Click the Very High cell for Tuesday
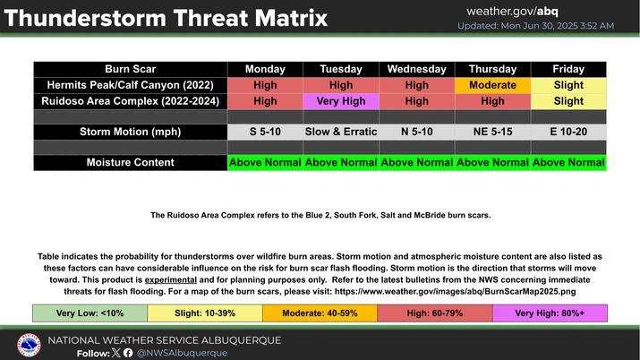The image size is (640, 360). [x=341, y=101]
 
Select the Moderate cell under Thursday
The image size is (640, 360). [x=492, y=85]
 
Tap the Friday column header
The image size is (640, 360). [x=568, y=69]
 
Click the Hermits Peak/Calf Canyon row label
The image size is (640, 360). [x=130, y=85]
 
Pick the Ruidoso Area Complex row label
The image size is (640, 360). [x=130, y=101]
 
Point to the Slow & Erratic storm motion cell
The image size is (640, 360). [x=341, y=132]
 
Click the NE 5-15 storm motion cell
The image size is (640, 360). [x=492, y=132]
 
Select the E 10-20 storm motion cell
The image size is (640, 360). [x=568, y=132]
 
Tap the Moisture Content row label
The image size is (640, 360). [x=130, y=162]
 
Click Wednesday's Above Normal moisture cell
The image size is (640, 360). [x=417, y=162]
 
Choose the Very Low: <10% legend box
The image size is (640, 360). [x=90, y=313]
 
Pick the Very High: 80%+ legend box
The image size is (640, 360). [x=550, y=313]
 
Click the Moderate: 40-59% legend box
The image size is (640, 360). [x=320, y=313]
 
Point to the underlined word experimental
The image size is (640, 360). [x=171, y=280]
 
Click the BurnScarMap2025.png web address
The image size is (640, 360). [x=455, y=291]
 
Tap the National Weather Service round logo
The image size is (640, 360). [x=29, y=345]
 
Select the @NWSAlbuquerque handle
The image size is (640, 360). [x=182, y=353]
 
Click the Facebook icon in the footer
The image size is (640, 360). [x=128, y=353]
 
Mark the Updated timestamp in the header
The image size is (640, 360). [x=535, y=26]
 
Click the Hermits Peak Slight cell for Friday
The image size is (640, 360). [x=568, y=85]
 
